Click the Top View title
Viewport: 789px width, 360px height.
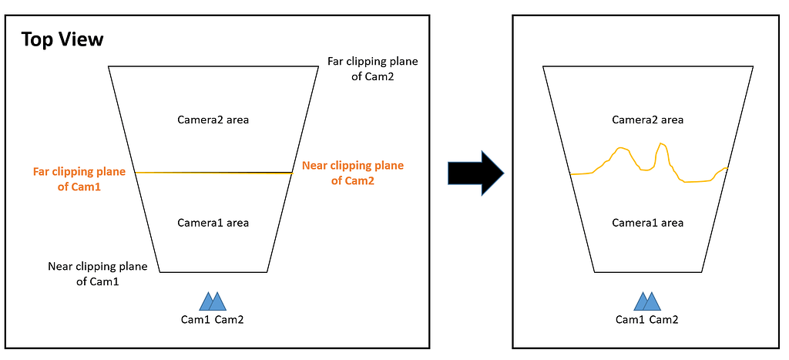[62, 39]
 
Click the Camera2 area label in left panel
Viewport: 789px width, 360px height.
[213, 119]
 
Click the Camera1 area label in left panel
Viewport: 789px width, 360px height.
[213, 223]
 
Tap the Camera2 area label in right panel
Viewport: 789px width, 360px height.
[647, 119]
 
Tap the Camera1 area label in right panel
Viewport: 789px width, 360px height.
[647, 223]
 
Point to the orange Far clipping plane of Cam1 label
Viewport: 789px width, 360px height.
[79, 179]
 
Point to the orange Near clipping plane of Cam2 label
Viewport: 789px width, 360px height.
[352, 173]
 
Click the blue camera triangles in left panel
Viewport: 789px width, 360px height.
[212, 301]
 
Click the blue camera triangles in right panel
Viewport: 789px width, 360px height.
[646, 301]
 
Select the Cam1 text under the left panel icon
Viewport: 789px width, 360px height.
[195, 320]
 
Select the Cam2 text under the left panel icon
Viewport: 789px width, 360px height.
[230, 320]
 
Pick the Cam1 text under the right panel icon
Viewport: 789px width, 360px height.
[630, 320]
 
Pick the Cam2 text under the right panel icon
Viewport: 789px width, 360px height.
[664, 320]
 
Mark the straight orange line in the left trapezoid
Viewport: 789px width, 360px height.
[213, 173]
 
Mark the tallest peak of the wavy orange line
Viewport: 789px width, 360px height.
[661, 143]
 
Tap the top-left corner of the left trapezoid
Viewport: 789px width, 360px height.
[109, 67]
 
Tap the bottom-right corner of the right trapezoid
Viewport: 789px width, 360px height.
[702, 272]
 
